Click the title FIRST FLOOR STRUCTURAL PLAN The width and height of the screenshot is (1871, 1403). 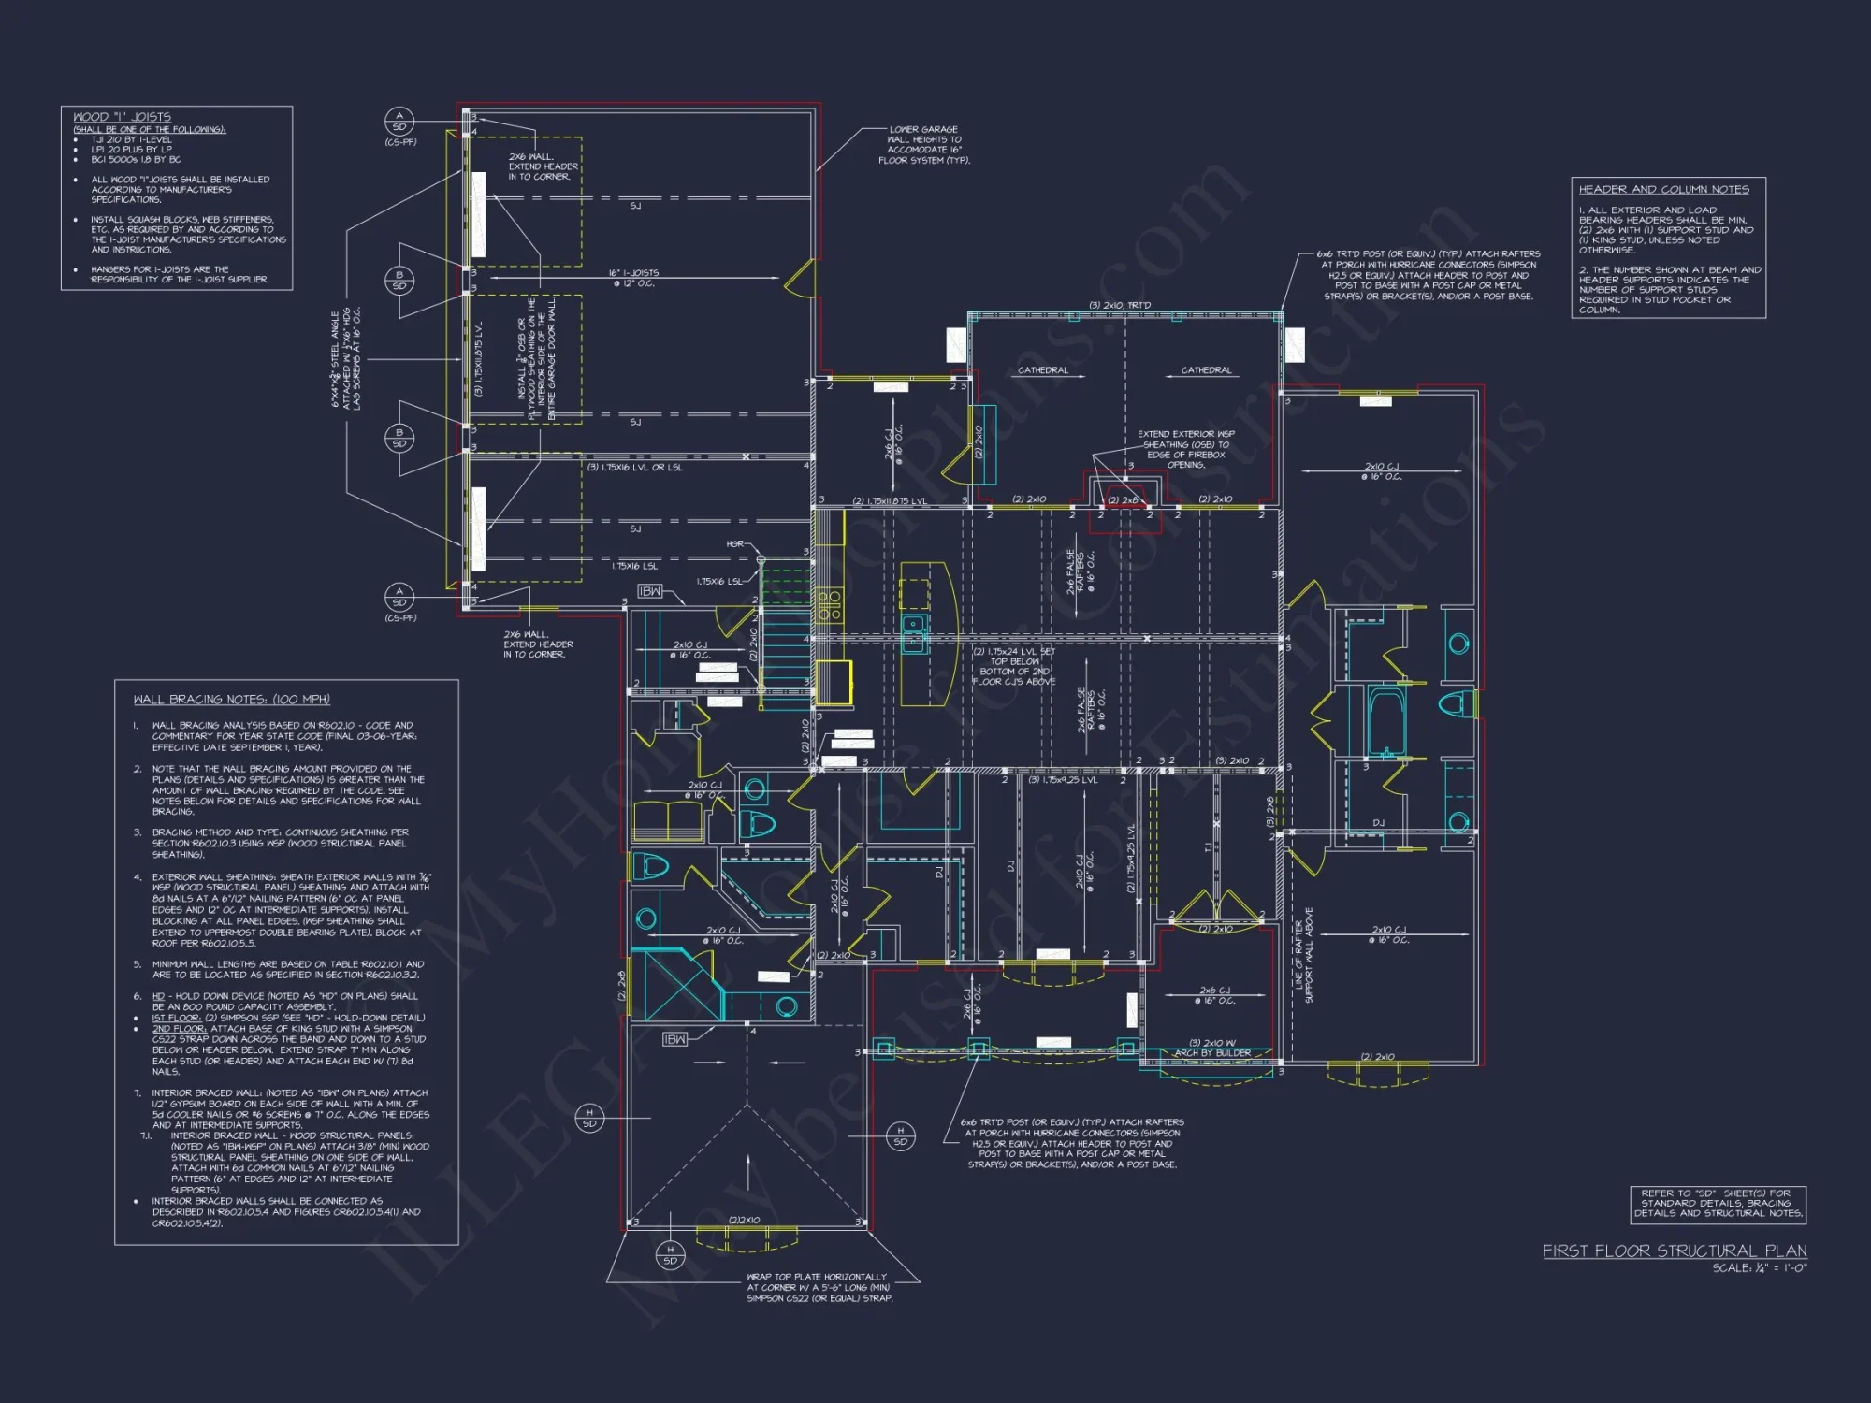1674,1251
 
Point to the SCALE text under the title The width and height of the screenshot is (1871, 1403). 1759,1268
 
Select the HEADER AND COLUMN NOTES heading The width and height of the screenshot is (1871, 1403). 1663,189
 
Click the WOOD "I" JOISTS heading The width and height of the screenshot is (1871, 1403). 122,117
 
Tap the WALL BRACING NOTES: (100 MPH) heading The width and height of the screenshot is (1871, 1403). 231,700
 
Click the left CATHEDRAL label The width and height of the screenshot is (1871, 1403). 1042,370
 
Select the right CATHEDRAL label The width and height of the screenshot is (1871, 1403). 1206,370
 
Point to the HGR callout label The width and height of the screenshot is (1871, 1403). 734,543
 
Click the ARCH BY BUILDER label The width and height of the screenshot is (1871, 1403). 1212,1053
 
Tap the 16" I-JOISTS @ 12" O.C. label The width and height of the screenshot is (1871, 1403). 633,278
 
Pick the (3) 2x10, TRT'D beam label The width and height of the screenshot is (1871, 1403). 1120,306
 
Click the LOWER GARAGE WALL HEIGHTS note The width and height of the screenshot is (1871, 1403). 923,145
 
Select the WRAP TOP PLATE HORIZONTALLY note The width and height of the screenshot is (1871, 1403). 819,1287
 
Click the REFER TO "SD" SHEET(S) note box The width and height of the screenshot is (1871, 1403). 1718,1204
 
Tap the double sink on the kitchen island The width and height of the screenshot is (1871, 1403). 914,633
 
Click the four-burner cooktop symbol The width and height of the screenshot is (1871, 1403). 829,605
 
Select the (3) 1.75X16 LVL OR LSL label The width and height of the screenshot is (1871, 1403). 635,468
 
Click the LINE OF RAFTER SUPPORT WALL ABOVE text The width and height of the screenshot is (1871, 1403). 1302,955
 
